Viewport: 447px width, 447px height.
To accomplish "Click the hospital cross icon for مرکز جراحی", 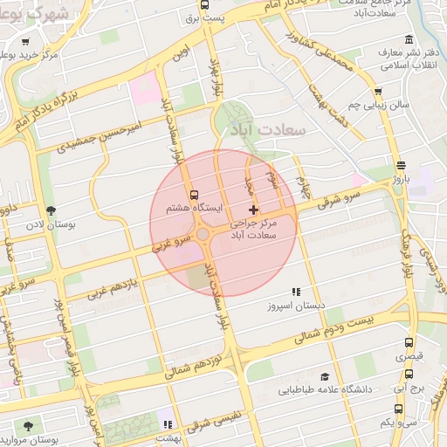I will click(253, 210).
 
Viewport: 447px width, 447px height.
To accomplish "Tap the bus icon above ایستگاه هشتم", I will click(194, 195).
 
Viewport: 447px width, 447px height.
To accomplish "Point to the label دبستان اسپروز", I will click(299, 306).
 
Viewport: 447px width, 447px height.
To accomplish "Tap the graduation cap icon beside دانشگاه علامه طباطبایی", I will click(325, 376).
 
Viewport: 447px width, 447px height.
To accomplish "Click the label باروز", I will click(400, 179).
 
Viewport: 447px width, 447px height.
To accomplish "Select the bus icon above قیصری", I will click(409, 343).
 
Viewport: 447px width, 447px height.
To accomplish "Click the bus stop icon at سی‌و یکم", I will click(399, 408).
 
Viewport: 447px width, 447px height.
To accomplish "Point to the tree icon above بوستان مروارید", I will click(29, 426).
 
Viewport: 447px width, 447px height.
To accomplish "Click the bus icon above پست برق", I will click(204, 4).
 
